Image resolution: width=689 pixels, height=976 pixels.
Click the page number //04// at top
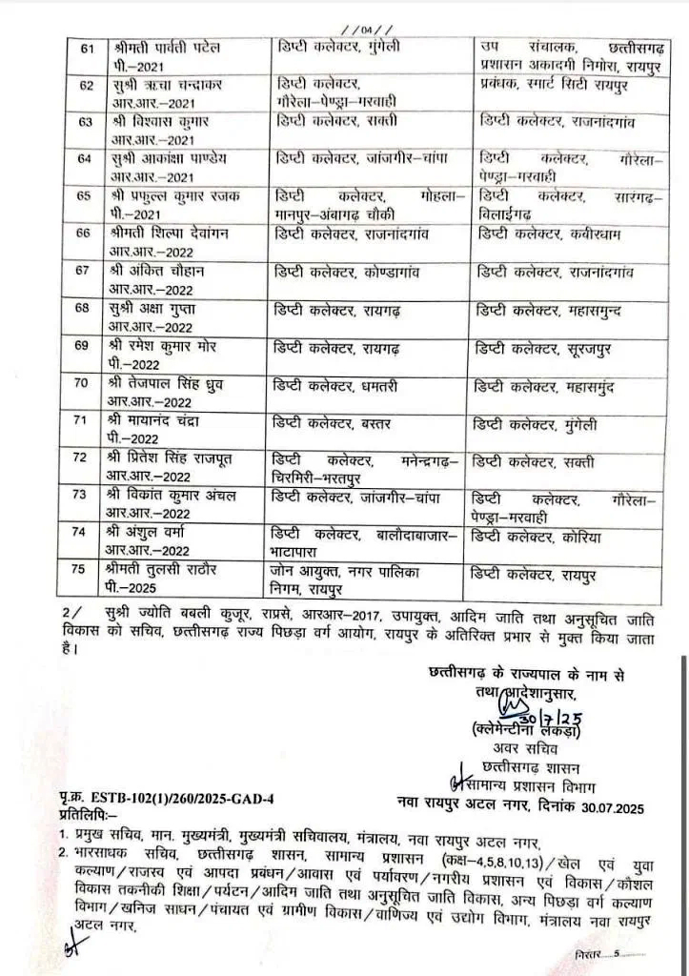point(344,28)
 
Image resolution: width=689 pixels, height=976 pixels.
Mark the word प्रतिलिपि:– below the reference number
point(87,814)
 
